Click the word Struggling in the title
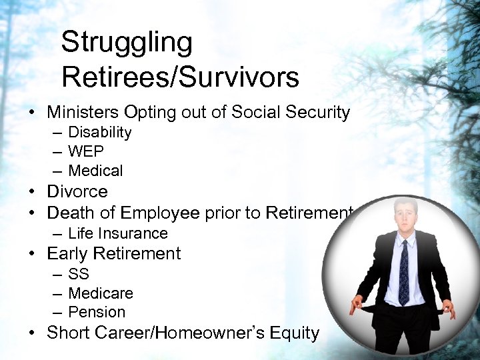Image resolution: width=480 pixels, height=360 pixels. click(x=127, y=43)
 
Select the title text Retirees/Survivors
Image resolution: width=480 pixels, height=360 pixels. click(x=180, y=78)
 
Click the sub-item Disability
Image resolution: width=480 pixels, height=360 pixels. click(x=100, y=133)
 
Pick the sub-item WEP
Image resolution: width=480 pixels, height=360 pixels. click(x=86, y=151)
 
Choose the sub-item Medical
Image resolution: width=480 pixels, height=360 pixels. click(x=95, y=171)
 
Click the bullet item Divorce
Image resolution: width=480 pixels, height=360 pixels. click(x=77, y=192)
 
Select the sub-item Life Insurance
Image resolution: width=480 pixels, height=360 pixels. click(x=118, y=233)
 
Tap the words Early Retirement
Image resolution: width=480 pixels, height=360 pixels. click(x=114, y=254)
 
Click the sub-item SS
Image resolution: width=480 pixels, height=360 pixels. click(x=79, y=274)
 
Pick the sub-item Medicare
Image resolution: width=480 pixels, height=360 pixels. click(x=101, y=293)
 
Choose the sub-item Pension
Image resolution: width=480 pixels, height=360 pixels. click(x=97, y=312)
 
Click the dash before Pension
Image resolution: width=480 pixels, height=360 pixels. click(x=58, y=312)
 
